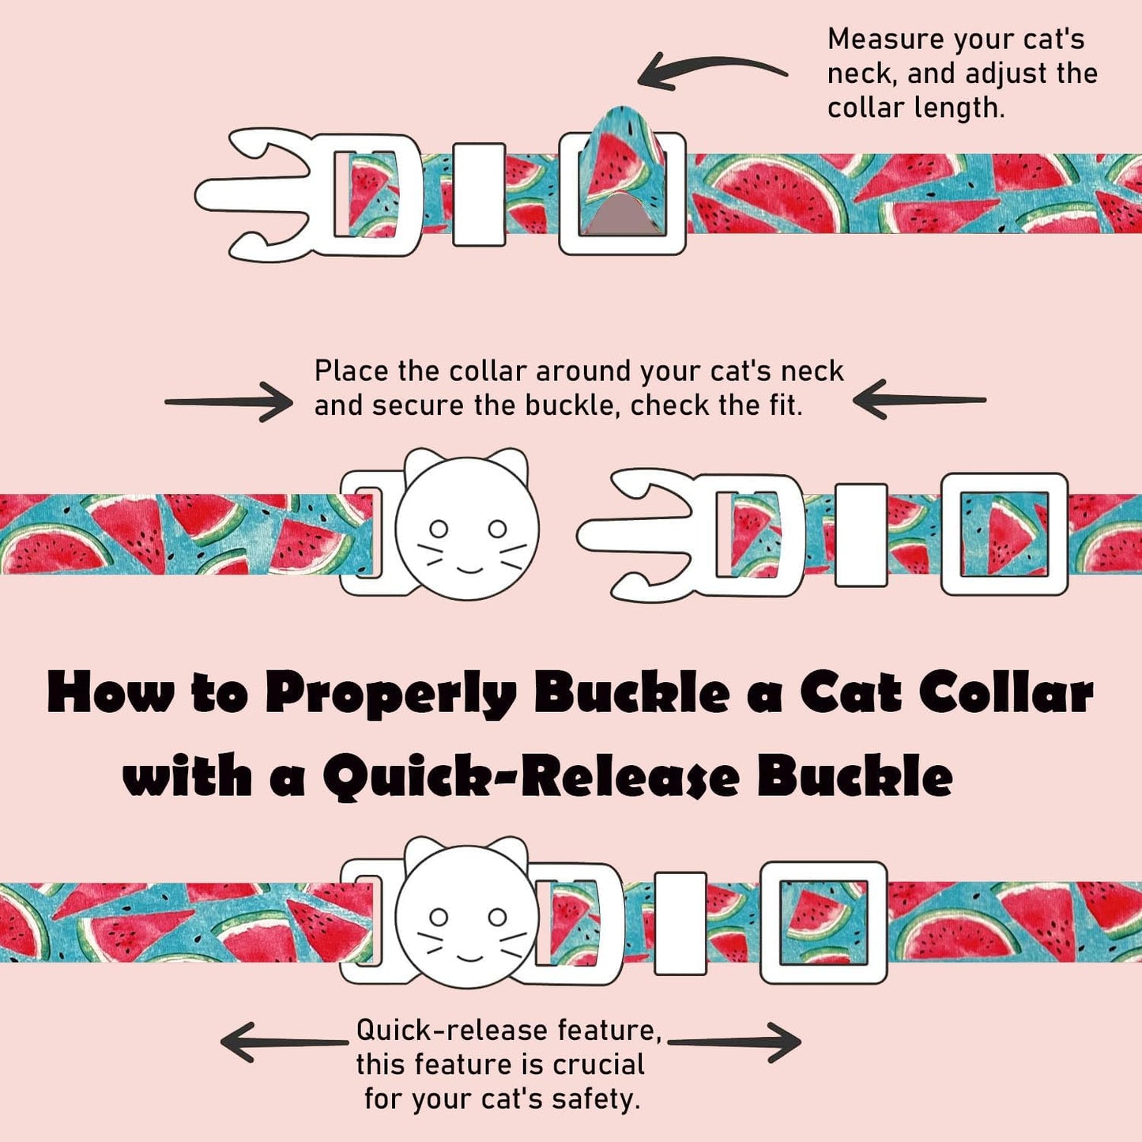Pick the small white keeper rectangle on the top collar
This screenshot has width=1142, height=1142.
point(479,194)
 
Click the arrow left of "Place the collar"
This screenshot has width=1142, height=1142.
point(228,402)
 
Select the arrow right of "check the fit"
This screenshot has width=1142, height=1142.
point(919,399)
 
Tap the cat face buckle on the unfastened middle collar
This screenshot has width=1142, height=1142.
point(466,527)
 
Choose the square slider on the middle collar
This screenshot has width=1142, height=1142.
point(1004,533)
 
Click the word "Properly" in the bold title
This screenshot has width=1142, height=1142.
point(390,693)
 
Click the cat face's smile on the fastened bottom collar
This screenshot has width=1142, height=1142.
point(469,957)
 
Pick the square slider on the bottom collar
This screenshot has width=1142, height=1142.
point(824,922)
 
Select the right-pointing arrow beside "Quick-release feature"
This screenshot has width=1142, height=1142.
point(735,1042)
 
